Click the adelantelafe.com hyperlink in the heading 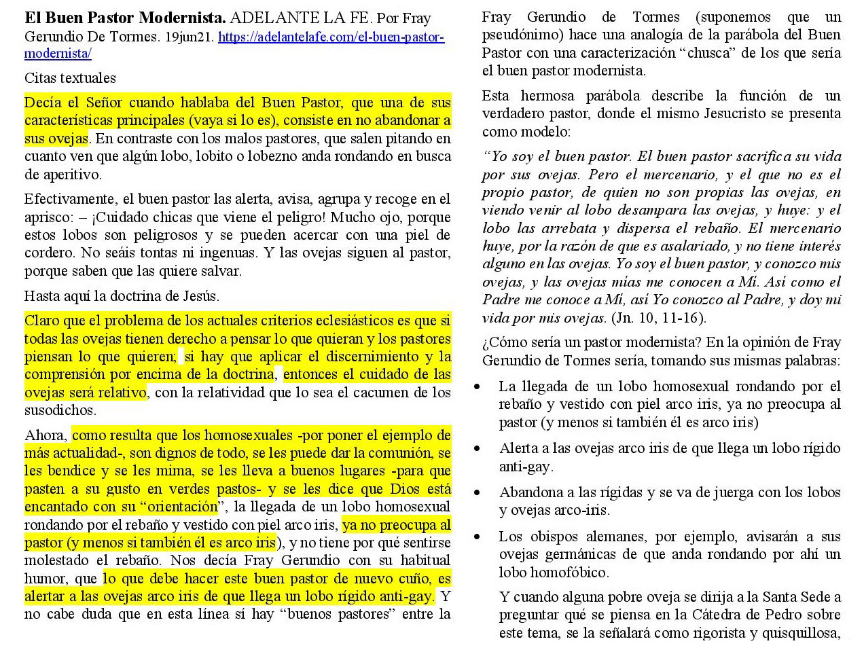coord(331,37)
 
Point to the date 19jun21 coord(190,37)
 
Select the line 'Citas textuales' coord(70,78)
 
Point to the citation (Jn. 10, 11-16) coord(659,318)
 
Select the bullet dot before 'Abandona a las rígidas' coord(478,493)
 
